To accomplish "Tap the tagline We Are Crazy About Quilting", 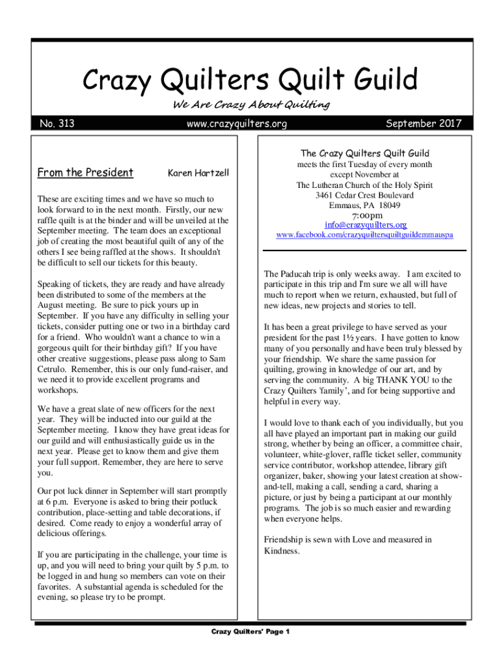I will click(x=251, y=105).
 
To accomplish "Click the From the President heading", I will click(x=85, y=172).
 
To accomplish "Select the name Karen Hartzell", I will click(x=198, y=173).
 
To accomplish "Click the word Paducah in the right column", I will click(x=299, y=274).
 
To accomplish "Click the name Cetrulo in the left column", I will click(x=54, y=369).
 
